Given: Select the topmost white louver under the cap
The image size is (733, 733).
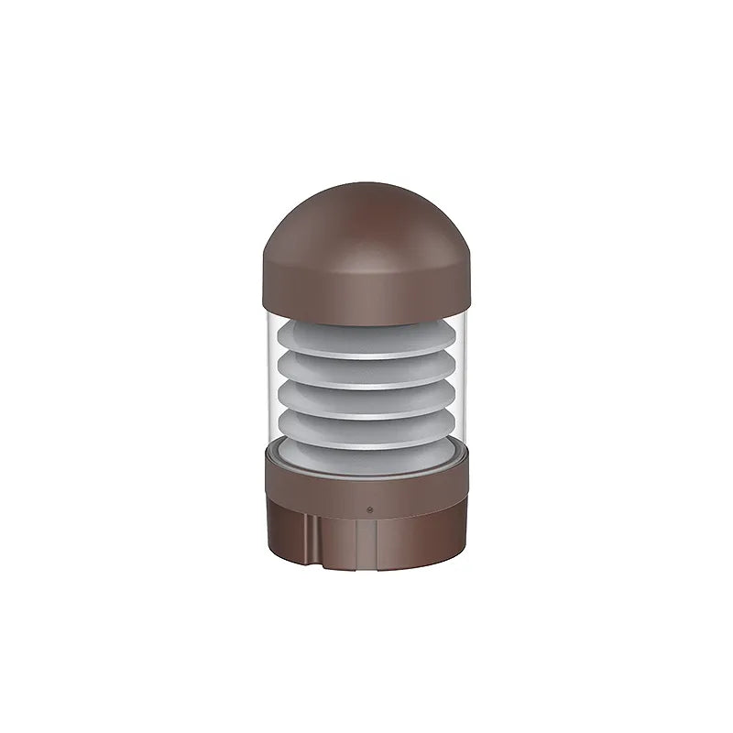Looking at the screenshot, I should click(366, 337).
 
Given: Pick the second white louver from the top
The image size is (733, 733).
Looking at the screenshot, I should click(366, 369).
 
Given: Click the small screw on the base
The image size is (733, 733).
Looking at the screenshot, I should click(369, 507).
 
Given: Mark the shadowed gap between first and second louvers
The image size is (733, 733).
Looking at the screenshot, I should click(366, 355).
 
